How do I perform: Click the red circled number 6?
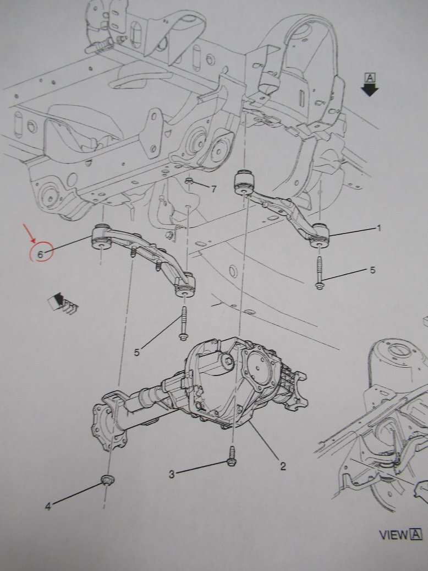40,254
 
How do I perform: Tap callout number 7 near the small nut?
213,189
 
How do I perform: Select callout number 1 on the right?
379,229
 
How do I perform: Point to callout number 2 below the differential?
283,466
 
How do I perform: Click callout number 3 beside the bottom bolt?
172,474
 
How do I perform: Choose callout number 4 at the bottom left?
48,506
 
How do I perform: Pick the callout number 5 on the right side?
372,270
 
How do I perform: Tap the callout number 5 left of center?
136,352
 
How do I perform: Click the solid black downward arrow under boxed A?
370,89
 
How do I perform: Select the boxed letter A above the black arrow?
370,78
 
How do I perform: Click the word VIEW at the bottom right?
393,535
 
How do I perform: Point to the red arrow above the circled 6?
29,234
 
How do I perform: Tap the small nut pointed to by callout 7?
189,181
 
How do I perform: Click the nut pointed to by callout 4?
107,480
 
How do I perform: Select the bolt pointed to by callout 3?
231,456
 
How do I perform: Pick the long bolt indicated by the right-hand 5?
319,273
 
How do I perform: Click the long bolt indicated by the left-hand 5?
183,323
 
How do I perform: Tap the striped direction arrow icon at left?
63,303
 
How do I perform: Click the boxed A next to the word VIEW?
416,535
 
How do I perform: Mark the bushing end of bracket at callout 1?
319,236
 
